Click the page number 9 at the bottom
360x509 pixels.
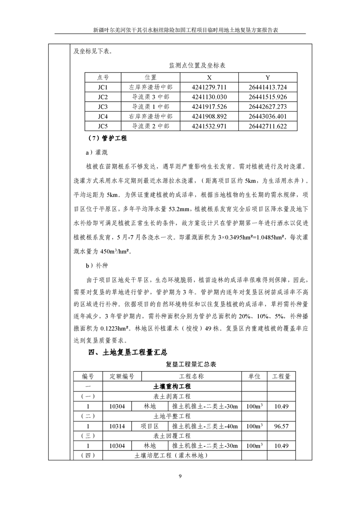click(x=180, y=476)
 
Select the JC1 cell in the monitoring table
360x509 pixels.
click(x=103, y=87)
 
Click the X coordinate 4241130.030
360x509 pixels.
click(x=209, y=97)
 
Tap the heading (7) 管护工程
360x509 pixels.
click(x=107, y=138)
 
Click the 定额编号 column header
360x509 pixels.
click(x=122, y=377)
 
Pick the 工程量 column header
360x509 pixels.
click(x=281, y=377)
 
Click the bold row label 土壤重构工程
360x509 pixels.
click(x=172, y=387)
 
